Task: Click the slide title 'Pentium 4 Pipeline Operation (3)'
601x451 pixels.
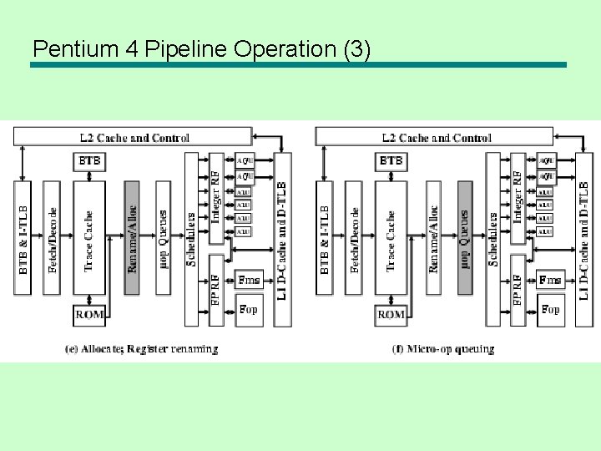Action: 200,49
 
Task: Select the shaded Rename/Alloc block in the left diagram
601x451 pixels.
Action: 132,238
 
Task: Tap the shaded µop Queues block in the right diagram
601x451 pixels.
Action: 464,238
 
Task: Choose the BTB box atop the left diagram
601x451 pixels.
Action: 91,160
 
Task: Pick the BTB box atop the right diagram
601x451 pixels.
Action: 391,160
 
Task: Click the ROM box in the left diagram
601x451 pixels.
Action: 89,314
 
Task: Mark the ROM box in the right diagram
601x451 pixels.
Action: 391,314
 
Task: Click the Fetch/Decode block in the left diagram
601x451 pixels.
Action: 52,238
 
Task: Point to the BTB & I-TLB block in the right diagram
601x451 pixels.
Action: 324,238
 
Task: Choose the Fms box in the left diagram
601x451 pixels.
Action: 249,280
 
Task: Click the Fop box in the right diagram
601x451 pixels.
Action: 550,309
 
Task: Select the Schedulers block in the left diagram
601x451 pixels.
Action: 190,238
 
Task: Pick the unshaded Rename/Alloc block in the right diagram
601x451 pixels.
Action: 433,238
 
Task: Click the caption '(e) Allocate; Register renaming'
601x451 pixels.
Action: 141,349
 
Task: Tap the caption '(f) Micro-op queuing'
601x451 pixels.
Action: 443,349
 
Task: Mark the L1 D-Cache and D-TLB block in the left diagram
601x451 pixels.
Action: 282,238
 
